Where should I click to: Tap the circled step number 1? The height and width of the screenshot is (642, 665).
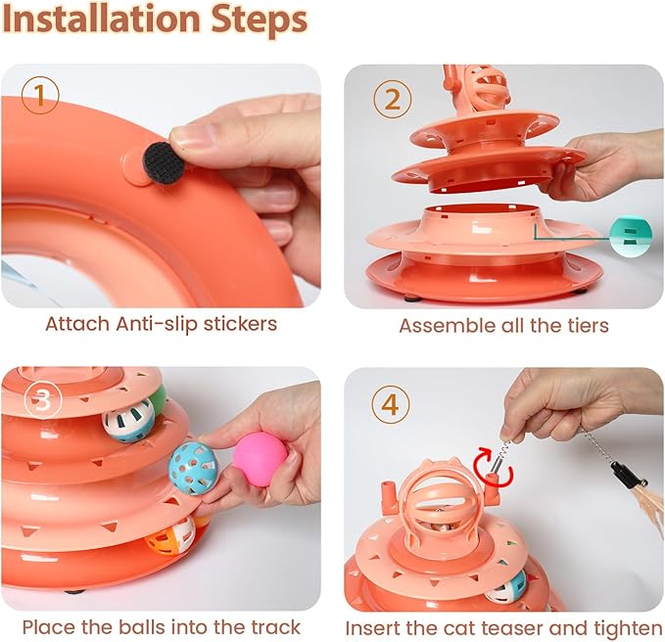click(40, 96)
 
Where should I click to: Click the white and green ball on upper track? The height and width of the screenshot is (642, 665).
click(131, 419)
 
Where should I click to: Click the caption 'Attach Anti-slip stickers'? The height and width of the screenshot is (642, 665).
click(161, 324)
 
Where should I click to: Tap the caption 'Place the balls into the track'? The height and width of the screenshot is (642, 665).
click(161, 626)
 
